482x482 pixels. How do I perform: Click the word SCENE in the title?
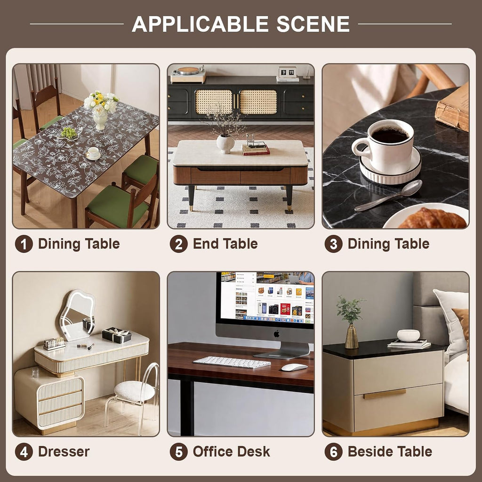[313, 24]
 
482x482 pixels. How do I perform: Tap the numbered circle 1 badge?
[24, 244]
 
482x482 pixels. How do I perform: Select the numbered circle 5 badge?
[178, 451]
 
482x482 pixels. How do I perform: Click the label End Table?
[225, 244]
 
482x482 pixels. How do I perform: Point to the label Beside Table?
[390, 451]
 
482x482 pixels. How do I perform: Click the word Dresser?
[64, 451]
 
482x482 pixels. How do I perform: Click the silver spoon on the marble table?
[388, 196]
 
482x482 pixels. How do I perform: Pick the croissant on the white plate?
[432, 218]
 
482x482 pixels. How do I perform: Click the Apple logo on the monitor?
[277, 334]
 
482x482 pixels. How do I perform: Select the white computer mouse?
[294, 367]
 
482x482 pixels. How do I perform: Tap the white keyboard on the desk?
[232, 362]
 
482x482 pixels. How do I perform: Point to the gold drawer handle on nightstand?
[385, 394]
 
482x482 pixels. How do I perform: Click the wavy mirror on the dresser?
[77, 315]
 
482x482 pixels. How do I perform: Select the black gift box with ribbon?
[117, 335]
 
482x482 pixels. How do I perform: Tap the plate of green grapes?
[69, 134]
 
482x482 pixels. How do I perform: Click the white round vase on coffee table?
[225, 144]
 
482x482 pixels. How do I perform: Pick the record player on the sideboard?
[188, 74]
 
